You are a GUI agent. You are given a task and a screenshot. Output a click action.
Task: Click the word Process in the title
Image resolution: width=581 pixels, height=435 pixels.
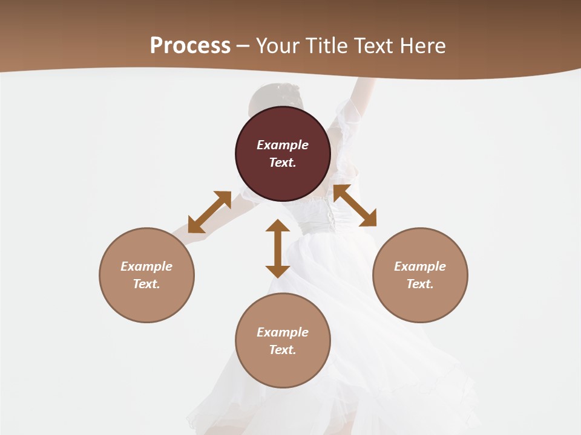coord(190,46)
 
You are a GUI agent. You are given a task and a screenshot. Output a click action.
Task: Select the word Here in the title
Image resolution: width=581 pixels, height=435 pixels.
coord(423,46)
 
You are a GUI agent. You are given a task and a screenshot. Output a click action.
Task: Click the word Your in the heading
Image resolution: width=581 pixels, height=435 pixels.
coord(278,46)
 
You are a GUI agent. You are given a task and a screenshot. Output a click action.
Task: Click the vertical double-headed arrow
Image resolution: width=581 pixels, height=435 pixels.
coord(278,248)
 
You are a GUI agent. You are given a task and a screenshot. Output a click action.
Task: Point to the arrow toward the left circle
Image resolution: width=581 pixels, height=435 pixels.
coord(209,212)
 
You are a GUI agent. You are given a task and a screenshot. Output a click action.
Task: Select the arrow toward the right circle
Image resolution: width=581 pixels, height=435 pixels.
coord(355,205)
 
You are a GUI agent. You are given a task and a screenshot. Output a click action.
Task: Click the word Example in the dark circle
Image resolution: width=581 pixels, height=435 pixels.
coord(283,145)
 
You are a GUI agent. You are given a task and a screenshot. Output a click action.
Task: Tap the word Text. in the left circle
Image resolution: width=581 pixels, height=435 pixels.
coord(146,284)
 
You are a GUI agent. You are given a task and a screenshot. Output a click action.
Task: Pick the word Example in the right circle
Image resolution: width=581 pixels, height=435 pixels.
coord(420,266)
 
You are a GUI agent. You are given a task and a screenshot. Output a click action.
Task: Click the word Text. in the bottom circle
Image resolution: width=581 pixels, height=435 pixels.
coord(283,350)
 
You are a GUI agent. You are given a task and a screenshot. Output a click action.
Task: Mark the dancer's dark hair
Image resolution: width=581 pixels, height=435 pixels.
coord(272,97)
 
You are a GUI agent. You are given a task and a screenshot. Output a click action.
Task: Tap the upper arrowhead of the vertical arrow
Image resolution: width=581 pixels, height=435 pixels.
coord(278,226)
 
